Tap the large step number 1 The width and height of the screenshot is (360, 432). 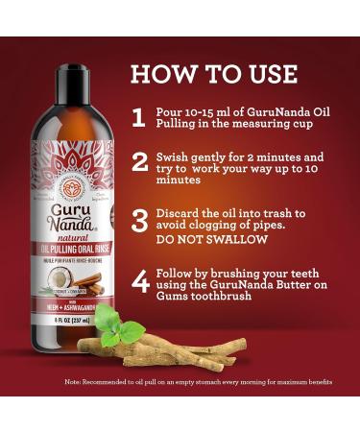(139, 118)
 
